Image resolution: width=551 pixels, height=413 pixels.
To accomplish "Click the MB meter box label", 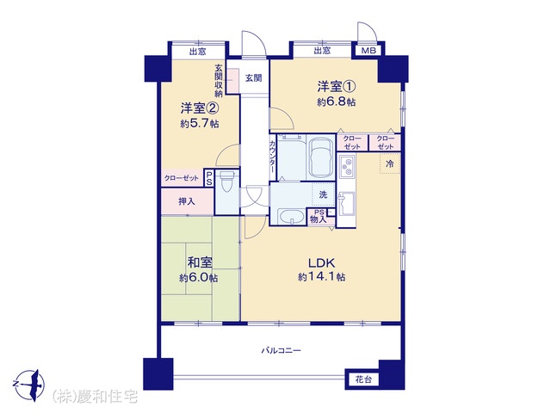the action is tap(368, 51).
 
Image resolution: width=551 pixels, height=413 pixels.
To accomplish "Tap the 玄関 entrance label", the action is tap(253, 78).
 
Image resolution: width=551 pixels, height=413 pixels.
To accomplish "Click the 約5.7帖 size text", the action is tap(199, 124).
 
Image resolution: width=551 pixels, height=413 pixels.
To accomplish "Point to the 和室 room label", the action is tap(200, 262).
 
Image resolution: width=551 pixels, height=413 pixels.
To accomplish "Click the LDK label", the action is tap(321, 262).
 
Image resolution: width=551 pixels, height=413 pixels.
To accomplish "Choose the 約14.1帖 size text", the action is tap(321, 277).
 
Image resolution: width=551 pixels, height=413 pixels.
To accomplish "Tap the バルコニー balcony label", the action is tap(282, 350).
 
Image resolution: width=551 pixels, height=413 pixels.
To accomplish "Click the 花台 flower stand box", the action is tap(363, 379).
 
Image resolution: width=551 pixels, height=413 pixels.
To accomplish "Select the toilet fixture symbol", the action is tap(227, 182).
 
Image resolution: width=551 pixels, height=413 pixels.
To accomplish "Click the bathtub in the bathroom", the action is tap(320, 157).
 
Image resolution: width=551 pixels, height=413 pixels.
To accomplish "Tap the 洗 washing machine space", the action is tap(324, 194).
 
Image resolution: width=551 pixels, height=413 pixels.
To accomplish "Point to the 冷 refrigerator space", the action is tap(390, 163).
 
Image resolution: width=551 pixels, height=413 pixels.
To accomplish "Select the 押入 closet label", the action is tap(187, 202).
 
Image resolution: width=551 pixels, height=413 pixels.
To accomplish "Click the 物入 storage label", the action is tap(319, 220).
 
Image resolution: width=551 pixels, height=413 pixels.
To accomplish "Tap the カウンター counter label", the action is tap(273, 157).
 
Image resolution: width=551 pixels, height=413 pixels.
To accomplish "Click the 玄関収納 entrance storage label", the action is tap(219, 80).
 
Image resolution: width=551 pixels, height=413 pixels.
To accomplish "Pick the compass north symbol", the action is tap(29, 384).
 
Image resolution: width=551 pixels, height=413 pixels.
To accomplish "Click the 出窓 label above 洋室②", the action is tap(197, 52).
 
